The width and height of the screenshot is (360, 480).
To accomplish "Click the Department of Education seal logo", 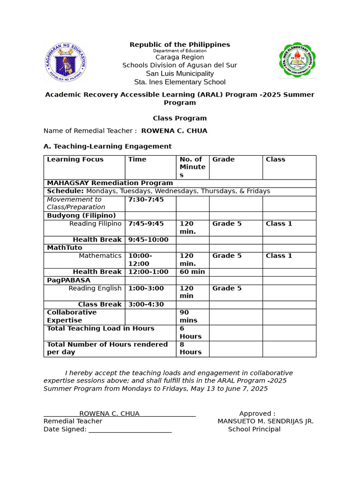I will tap(65, 62).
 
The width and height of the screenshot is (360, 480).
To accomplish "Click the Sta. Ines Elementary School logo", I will tap(297, 60).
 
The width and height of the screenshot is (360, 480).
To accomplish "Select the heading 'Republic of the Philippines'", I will tap(180, 45).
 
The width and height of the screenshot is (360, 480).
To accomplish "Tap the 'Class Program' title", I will tap(180, 118).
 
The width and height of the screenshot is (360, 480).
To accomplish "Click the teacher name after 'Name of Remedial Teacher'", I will tap(174, 131).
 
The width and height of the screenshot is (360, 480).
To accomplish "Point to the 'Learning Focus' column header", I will tap(75, 159).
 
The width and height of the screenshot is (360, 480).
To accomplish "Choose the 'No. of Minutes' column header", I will tap(192, 167).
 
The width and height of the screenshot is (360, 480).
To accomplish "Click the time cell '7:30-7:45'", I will tap(146, 200).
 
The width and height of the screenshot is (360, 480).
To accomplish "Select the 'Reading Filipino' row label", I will tap(95, 224).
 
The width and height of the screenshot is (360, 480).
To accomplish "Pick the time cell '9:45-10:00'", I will tap(148, 240).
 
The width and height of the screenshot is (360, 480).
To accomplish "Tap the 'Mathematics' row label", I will tap(100, 255).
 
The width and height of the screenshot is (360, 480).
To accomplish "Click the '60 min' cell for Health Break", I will tap(192, 272).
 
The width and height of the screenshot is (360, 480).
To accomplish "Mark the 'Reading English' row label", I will tap(95, 288).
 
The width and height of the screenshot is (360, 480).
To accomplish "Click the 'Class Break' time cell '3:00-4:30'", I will tap(146, 304).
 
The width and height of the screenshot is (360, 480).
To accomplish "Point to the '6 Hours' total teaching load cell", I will tap(190, 332).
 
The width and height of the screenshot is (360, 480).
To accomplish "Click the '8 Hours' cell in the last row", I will tap(190, 348).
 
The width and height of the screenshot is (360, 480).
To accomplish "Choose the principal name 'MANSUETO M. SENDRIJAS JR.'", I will tap(265, 421).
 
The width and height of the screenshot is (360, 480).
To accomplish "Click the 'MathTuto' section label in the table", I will tap(64, 247).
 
